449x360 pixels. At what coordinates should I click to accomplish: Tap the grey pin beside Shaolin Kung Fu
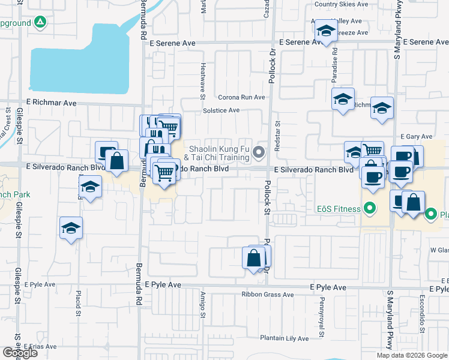tap(259, 152)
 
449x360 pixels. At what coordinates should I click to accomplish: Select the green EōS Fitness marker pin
tap(370, 209)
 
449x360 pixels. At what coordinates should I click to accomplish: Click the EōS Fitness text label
tap(338, 209)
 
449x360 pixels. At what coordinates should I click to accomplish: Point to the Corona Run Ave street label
tap(241, 97)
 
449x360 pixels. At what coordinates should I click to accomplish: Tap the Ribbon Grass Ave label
tap(267, 295)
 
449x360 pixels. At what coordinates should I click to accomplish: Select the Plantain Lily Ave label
tap(284, 338)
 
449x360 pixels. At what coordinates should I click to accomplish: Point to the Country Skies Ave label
tap(341, 4)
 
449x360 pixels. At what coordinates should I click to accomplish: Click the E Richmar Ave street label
tap(51, 103)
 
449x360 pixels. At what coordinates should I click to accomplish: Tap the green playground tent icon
tap(40, 23)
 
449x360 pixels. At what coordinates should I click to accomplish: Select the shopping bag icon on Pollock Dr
tap(254, 258)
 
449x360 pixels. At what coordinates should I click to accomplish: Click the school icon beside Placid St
tap(71, 228)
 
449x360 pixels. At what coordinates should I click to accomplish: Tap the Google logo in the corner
tap(19, 353)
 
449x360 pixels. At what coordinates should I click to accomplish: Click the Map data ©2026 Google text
tap(411, 355)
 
